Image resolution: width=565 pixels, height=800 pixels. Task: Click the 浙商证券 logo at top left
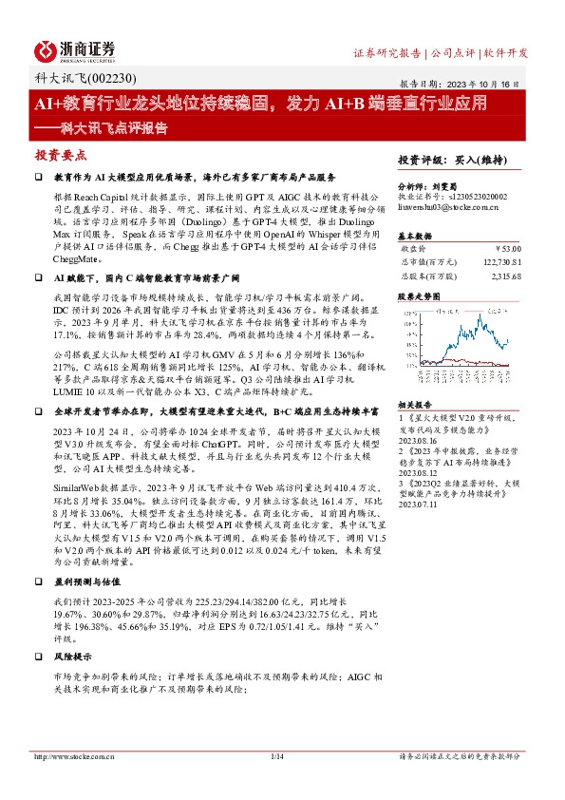75,49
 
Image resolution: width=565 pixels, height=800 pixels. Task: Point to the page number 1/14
277,756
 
